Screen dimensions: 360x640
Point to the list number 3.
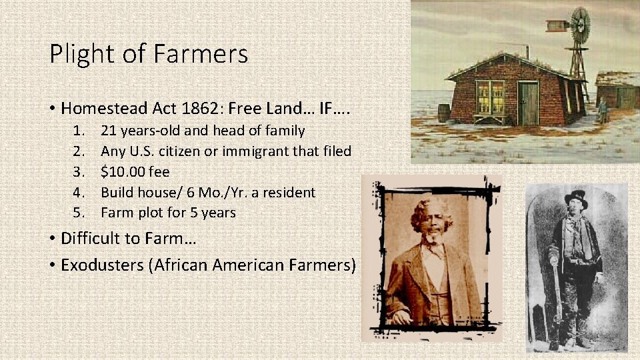pyautogui.click(x=79, y=172)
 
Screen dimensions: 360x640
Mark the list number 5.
pyautogui.click(x=79, y=213)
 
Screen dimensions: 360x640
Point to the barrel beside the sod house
pyautogui.click(x=444, y=112)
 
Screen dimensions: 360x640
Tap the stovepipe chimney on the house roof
pyautogui.click(x=527, y=51)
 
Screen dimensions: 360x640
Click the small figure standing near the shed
pyautogui.click(x=603, y=109)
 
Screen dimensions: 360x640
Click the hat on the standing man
pyautogui.click(x=576, y=198)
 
